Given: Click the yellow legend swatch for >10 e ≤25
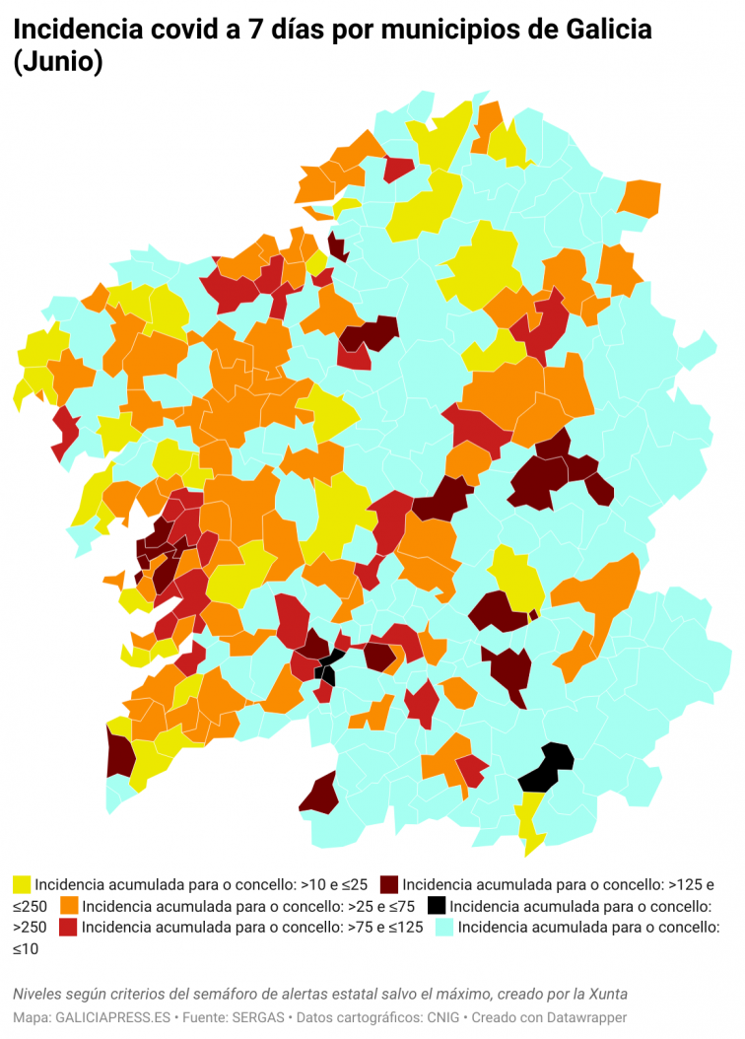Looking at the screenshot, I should tap(22, 884).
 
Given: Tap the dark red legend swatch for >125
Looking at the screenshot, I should tap(389, 884).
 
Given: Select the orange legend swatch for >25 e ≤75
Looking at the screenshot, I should tap(70, 905).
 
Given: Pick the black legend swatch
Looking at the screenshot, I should tap(437, 905).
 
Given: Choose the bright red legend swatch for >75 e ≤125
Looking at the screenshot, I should tap(69, 927).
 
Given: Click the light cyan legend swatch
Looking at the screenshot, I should tap(445, 927).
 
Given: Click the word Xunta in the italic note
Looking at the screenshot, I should tap(607, 993).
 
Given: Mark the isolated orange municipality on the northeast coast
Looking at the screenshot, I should tap(641, 198).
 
